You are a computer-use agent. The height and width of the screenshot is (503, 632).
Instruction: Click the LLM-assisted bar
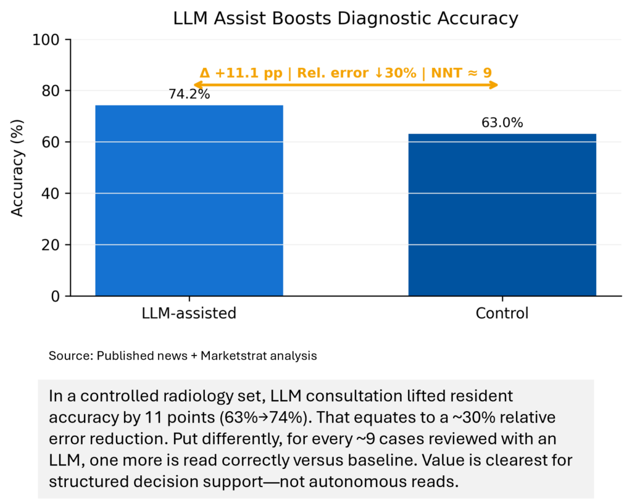[189, 201]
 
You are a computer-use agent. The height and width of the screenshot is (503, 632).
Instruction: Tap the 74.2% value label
[189, 95]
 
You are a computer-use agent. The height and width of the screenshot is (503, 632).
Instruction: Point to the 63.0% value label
[502, 123]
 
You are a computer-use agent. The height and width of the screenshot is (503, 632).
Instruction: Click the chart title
[346, 19]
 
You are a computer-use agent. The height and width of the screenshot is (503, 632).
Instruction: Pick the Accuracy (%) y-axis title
[18, 168]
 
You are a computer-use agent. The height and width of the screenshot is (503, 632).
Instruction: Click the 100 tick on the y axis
[49, 40]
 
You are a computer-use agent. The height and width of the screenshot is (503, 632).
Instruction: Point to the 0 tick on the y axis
[56, 297]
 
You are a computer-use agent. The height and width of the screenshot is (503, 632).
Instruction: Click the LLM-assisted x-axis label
[189, 314]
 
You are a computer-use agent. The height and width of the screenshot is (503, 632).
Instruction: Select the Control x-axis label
[502, 314]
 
